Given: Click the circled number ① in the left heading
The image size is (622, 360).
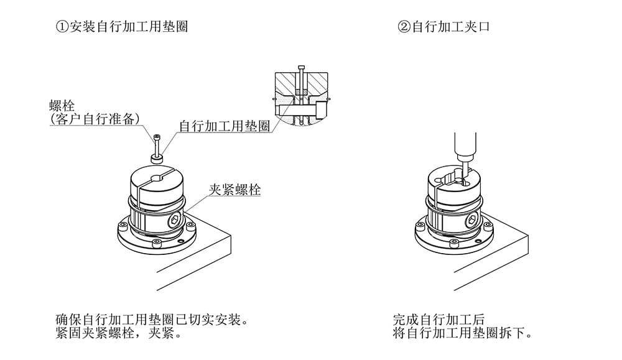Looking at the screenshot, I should click(x=61, y=27).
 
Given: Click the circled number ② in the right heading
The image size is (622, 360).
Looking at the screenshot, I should click(x=403, y=27).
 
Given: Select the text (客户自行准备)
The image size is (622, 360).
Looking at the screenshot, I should click(x=94, y=119).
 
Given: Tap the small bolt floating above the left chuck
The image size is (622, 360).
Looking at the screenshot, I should click(x=157, y=144).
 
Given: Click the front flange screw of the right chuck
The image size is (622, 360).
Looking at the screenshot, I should click(x=456, y=245).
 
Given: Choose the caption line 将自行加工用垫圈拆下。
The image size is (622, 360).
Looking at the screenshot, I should click(x=463, y=334).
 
